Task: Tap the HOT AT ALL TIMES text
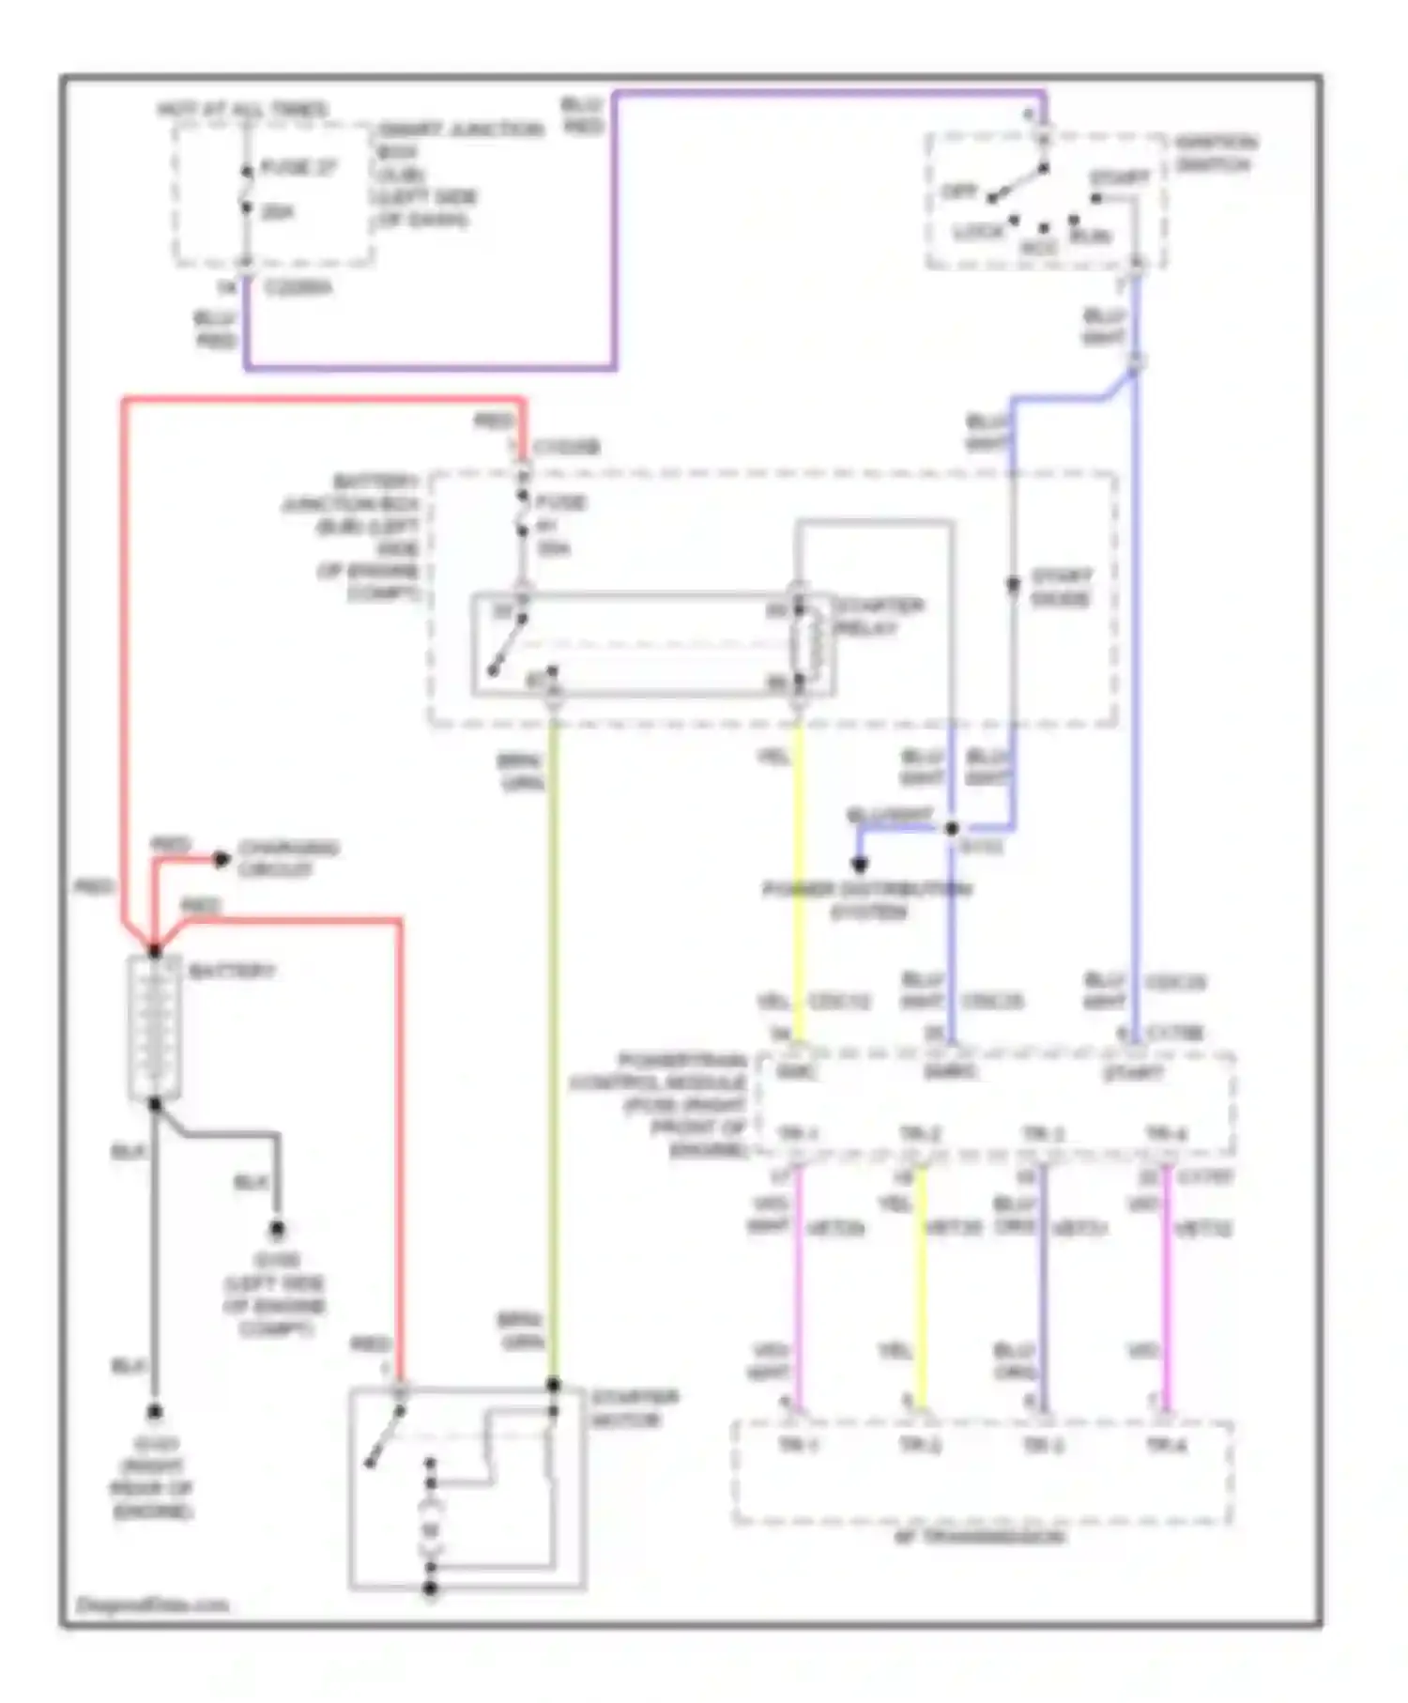pyautogui.click(x=242, y=110)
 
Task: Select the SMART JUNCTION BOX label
pyautogui.click(x=460, y=130)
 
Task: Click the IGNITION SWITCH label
pyautogui.click(x=1215, y=154)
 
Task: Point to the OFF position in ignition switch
pyautogui.click(x=958, y=192)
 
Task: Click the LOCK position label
pyautogui.click(x=977, y=232)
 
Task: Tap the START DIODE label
pyautogui.click(x=1061, y=587)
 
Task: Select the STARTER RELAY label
pyautogui.click(x=879, y=617)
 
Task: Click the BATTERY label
pyautogui.click(x=231, y=971)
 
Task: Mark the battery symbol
pyautogui.click(x=154, y=1028)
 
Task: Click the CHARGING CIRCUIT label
pyautogui.click(x=287, y=858)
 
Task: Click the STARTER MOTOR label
pyautogui.click(x=633, y=1408)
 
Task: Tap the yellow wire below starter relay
pyautogui.click(x=799, y=873)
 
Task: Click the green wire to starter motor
pyautogui.click(x=553, y=1033)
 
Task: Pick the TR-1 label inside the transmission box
pyautogui.click(x=797, y=1445)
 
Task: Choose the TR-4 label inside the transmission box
pyautogui.click(x=1165, y=1445)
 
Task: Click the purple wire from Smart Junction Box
pyautogui.click(x=614, y=235)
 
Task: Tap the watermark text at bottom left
pyautogui.click(x=152, y=1604)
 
